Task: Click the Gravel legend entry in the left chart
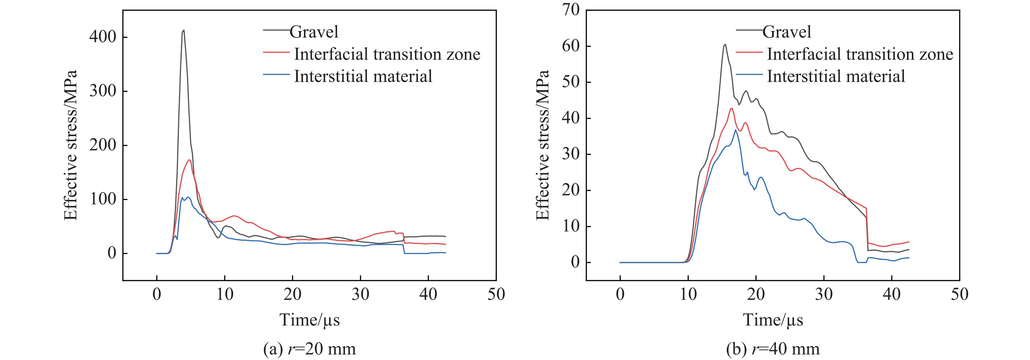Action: (314, 32)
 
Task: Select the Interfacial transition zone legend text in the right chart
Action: (860, 54)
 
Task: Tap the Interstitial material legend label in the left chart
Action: (363, 76)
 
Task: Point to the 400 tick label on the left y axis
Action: (103, 37)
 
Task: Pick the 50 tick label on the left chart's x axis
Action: (496, 294)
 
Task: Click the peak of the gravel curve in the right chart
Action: (725, 44)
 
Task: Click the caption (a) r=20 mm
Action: (309, 349)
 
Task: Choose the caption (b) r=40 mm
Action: (772, 349)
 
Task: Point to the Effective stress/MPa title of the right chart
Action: (543, 145)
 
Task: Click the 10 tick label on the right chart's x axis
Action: (688, 294)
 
